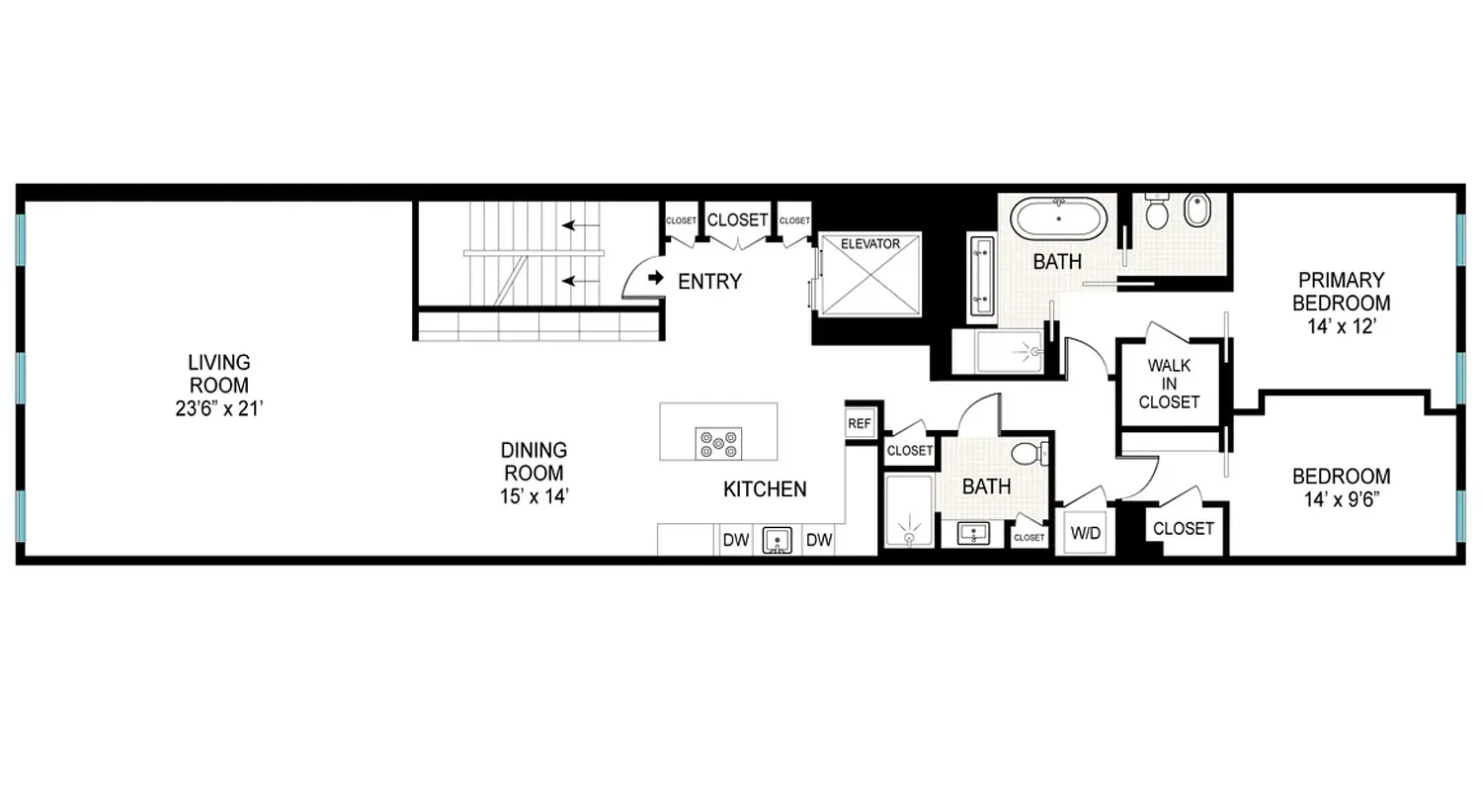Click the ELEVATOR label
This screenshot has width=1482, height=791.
click(869, 243)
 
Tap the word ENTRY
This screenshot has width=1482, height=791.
click(709, 282)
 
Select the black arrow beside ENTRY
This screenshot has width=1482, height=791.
click(655, 280)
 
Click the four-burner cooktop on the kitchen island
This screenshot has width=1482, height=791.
click(718, 442)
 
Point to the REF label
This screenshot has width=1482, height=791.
click(860, 424)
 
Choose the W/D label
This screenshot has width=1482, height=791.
click(1084, 532)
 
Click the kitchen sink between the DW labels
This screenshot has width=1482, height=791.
click(779, 541)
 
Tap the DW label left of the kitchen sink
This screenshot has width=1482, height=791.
click(734, 541)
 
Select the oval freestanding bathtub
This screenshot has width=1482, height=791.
click(1058, 218)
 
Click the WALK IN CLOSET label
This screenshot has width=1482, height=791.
click(1169, 384)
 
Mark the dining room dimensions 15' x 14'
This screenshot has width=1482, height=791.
click(534, 496)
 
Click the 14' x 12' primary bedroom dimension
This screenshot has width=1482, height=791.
click(1342, 326)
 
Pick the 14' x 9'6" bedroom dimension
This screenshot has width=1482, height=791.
click(1342, 499)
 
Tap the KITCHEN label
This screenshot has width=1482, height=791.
click(765, 488)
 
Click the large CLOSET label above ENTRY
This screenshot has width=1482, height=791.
click(738, 220)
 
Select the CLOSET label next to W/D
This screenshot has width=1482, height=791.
click(1183, 529)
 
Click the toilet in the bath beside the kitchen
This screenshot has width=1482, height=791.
click(1027, 454)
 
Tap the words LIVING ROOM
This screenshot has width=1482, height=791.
click(220, 374)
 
